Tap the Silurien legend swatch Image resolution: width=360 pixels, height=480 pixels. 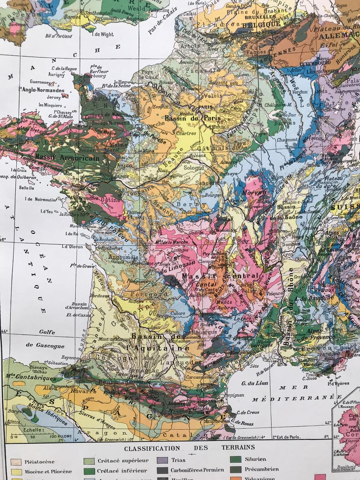click(x=235, y=459)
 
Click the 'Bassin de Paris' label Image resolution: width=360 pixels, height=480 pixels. click(x=192, y=118)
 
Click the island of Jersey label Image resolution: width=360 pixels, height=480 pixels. click(x=54, y=97)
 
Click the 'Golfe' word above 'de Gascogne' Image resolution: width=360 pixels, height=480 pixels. click(x=47, y=332)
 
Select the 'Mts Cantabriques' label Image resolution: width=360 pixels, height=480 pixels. click(x=30, y=376)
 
